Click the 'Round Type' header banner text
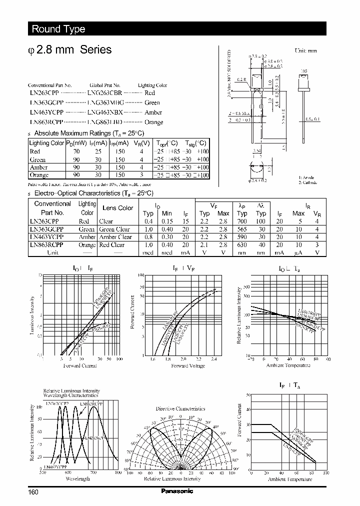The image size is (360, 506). point(58,29)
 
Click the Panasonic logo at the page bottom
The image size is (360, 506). point(177,491)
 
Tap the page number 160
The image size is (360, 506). point(33,492)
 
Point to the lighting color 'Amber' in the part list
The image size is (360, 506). point(153,112)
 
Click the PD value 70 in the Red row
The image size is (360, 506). point(76,151)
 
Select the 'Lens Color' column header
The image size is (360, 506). point(117,207)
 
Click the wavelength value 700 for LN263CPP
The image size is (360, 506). point(242,221)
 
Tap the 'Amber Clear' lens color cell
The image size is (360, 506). point(115,237)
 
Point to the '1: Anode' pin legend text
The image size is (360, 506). point(306,178)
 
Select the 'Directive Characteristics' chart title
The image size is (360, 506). point(180,408)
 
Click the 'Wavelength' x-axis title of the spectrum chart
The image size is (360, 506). point(77,478)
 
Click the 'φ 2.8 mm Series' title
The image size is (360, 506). point(71,50)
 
